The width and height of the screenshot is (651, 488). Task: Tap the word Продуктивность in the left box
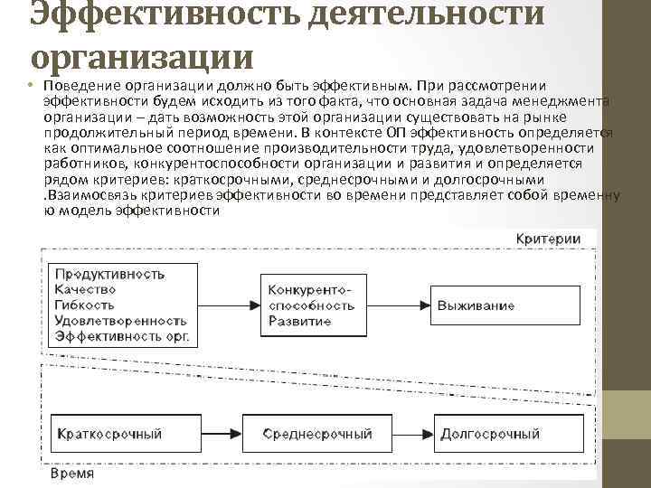coord(109,274)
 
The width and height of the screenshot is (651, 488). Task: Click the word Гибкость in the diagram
coord(84,305)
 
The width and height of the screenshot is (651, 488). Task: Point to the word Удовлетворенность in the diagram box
coord(120,320)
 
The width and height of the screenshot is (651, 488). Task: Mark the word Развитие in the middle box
coord(299,321)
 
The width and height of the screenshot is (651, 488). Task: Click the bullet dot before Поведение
coord(31,85)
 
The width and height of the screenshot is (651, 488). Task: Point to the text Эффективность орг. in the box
coord(122,335)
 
